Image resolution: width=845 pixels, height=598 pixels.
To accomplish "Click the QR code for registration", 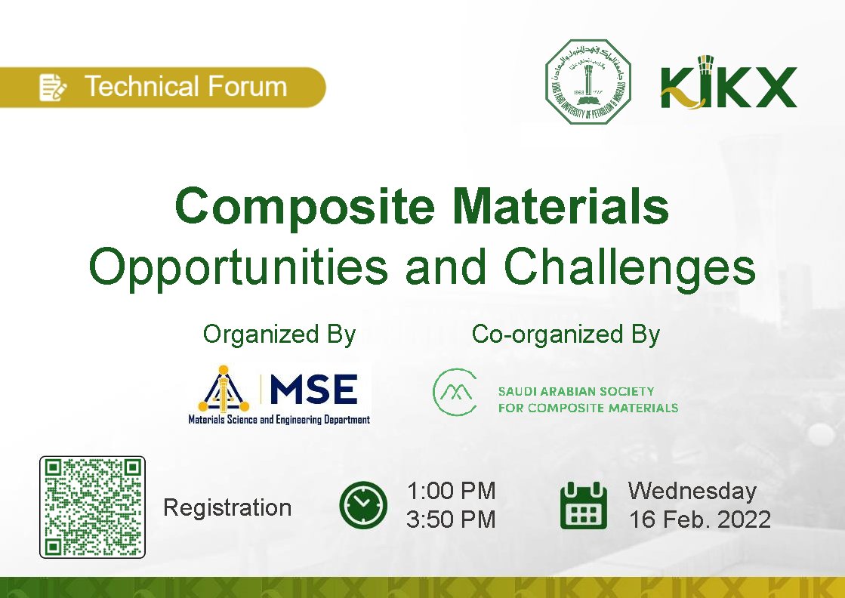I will pos(92,507).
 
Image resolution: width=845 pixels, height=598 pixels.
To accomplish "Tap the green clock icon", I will pos(363,504).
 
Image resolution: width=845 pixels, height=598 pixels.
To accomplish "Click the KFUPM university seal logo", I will pos(588,82).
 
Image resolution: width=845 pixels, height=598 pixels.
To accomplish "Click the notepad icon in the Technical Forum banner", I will pos(53,87).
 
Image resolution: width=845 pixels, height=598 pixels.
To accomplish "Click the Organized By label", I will pos(279,334).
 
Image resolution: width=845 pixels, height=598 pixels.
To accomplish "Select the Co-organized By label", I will pos(566,334).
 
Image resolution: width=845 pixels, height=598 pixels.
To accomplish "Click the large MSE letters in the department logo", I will pos(313,390).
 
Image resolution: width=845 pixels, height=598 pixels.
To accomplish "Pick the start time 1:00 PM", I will pos(451,491).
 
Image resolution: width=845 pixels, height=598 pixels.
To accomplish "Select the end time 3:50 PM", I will pos(451,519).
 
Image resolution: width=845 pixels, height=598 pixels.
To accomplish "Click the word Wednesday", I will pos(692,491).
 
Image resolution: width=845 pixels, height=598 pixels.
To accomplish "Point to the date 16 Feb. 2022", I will pos(700,519).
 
